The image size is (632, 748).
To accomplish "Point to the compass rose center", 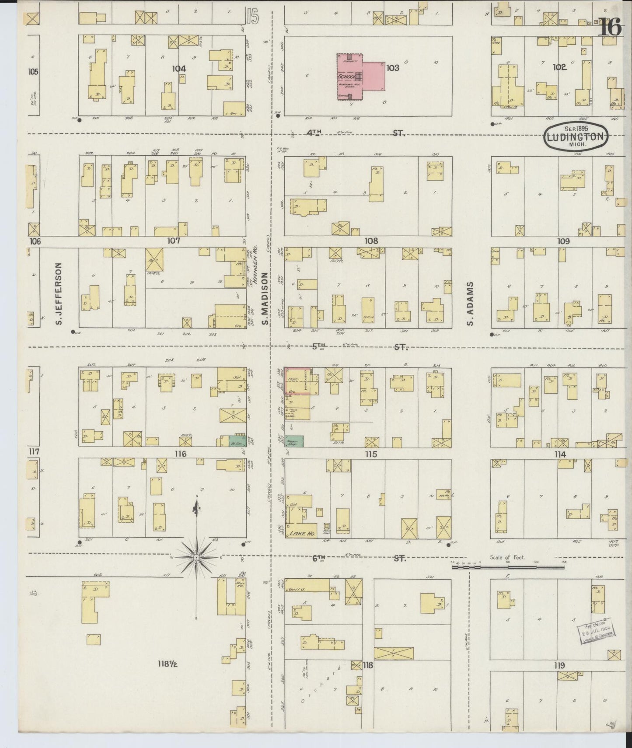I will (197, 558).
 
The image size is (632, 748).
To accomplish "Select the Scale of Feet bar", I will (507, 567).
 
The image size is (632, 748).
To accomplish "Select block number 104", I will (178, 69).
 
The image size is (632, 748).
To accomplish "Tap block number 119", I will (559, 666).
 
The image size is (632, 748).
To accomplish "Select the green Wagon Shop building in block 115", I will (295, 442).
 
